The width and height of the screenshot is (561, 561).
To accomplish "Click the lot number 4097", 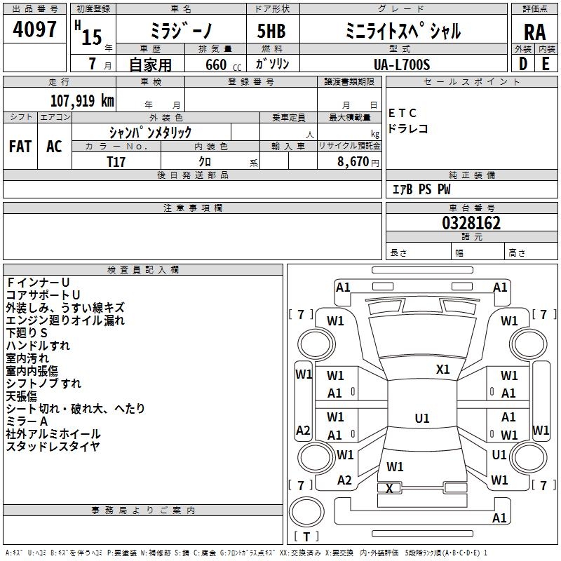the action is coord(34,29).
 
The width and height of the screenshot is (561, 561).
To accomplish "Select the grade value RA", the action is coord(534,32).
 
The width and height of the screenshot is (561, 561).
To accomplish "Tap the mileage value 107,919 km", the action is coord(82,101).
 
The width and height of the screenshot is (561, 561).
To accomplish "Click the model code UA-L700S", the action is coord(402,65).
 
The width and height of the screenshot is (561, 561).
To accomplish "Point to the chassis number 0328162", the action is coord(471,223).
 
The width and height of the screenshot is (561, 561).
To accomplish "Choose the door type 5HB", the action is coord(271,31).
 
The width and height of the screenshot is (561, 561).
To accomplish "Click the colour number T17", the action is coord(116,162).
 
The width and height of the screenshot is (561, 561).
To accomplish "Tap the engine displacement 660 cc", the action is coord(223,65).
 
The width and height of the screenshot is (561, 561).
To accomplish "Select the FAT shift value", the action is coord(20,147).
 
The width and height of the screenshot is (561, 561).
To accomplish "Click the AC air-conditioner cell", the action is coord(55,147).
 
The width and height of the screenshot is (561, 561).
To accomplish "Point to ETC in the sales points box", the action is coord(403,114).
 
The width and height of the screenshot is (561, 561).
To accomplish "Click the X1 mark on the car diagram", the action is coord(442,370).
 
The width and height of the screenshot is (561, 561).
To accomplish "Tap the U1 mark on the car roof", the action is coord(422,418).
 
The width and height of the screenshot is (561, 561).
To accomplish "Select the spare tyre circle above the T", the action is coord(306,512).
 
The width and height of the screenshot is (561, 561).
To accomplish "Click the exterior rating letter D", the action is coord(523,64).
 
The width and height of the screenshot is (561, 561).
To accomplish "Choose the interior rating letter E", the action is coord(546,64).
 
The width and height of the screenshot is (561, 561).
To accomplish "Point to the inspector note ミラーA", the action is coord(27,421).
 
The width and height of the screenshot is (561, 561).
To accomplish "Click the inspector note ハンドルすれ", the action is coord(38,346).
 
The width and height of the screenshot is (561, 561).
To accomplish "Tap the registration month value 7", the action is coord(93,64).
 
